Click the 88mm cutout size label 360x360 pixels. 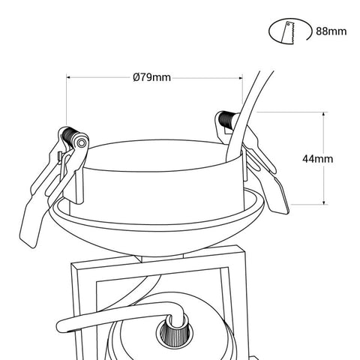point(331,31)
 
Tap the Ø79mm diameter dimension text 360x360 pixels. point(152,77)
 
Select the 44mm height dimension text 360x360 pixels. point(317,159)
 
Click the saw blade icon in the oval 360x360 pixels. point(289,33)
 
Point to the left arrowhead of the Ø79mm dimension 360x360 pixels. point(69,77)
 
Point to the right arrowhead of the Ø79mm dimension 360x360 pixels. point(239,78)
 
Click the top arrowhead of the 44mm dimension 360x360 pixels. point(324,115)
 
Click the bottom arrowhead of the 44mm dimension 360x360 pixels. point(324,201)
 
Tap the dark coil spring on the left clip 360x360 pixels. point(69,136)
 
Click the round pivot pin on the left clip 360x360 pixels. point(81,143)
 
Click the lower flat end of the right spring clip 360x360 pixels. point(278,197)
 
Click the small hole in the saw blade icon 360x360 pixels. point(289,25)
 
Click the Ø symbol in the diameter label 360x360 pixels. point(136,77)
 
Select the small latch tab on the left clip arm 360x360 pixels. point(60,157)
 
